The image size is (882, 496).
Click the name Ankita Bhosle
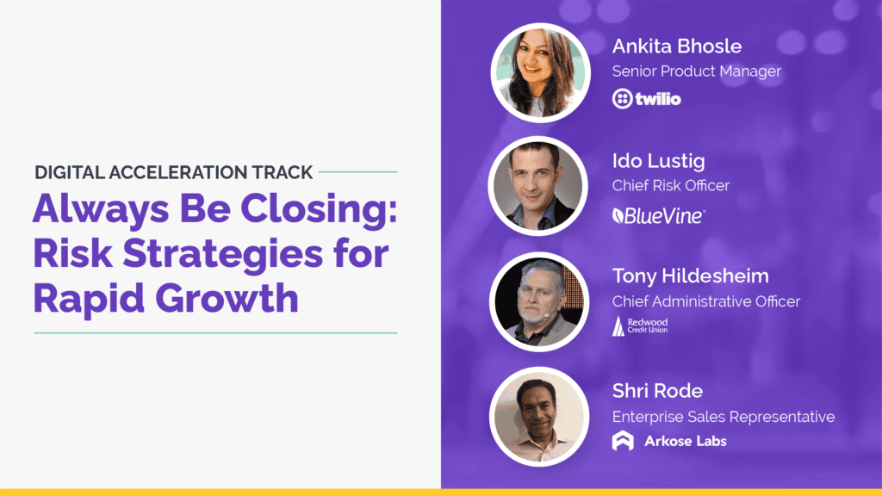[x=676, y=46]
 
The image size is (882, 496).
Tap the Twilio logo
[x=646, y=99]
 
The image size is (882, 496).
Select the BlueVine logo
[x=657, y=215]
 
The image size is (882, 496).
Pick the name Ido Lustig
[x=659, y=160]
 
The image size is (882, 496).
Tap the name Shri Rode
[x=657, y=391]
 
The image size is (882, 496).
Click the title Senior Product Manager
[x=696, y=71]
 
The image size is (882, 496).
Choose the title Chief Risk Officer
[x=671, y=186]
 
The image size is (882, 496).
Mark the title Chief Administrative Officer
[x=705, y=301]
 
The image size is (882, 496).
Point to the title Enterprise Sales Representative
[x=723, y=417]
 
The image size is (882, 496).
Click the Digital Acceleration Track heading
[x=174, y=172]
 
